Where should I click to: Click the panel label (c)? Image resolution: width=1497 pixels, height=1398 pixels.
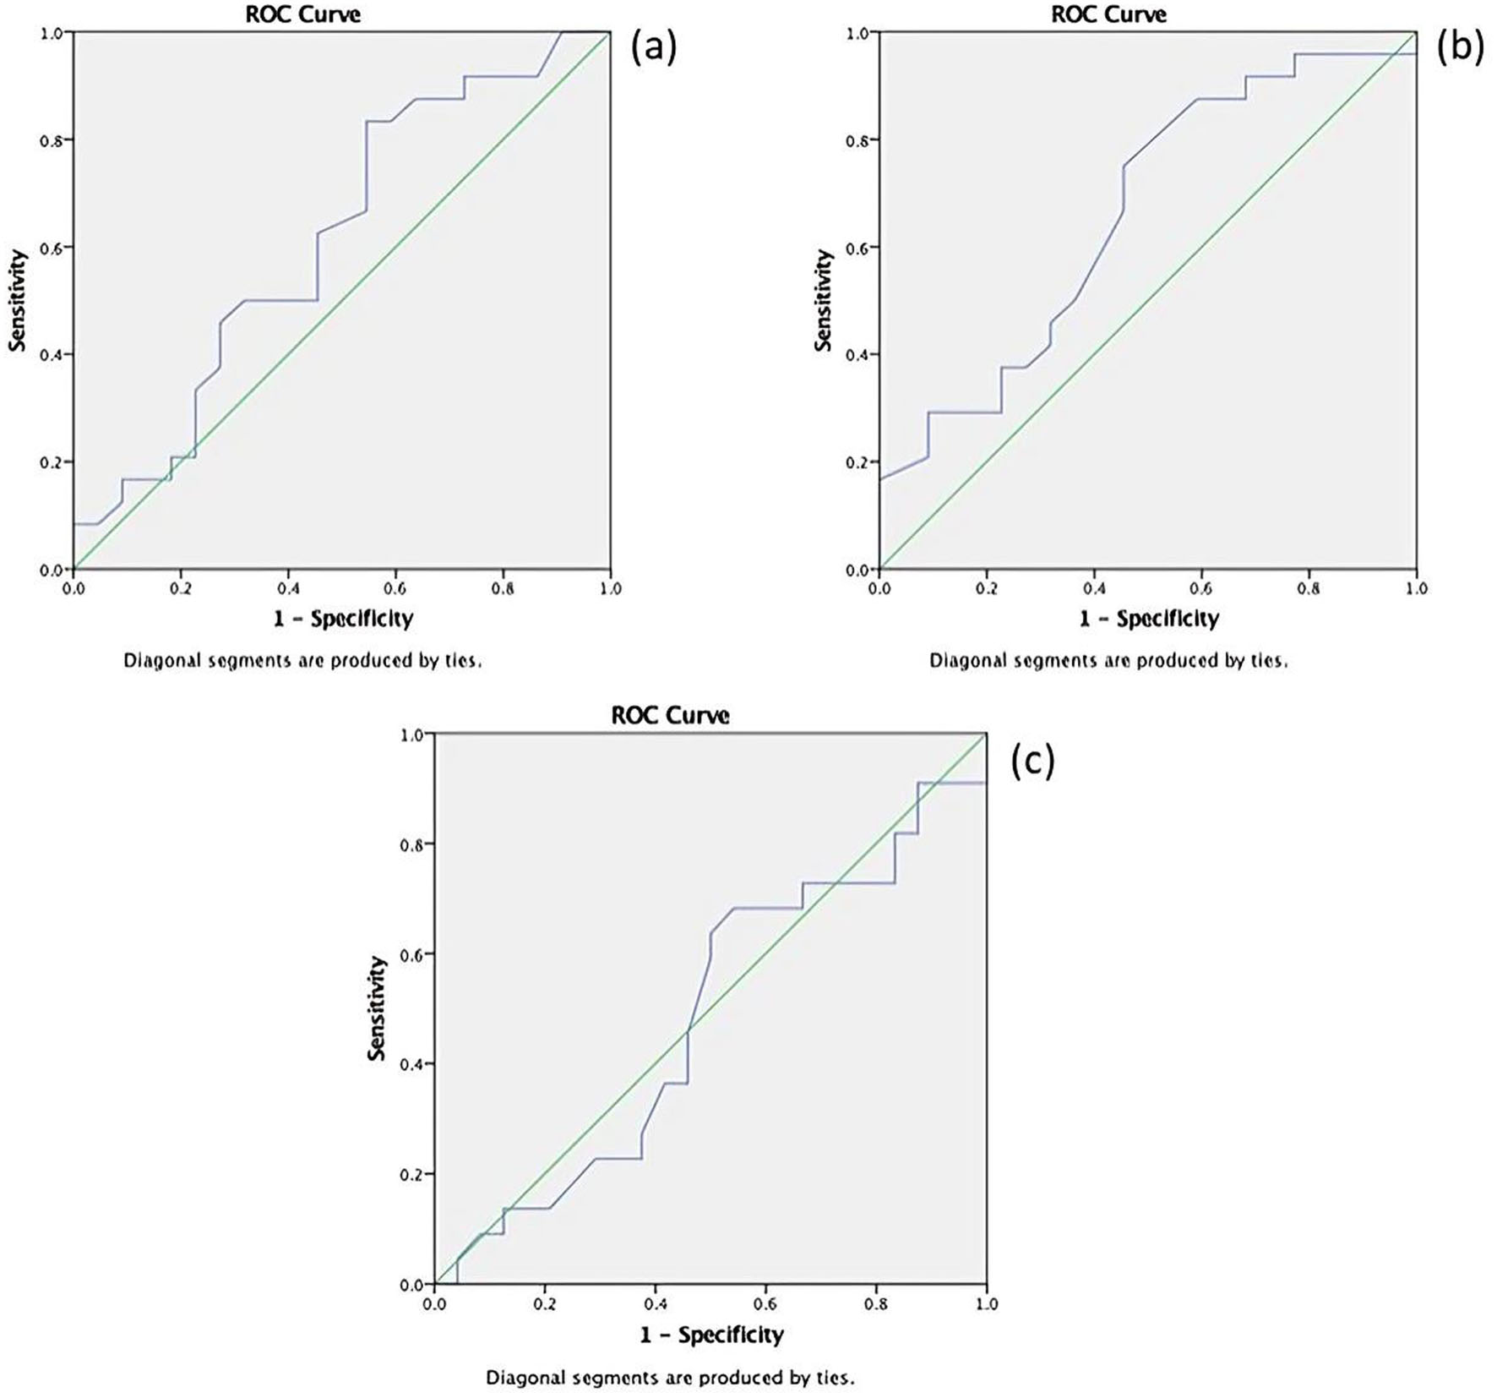1032,762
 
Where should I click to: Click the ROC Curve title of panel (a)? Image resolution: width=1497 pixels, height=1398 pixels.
302,14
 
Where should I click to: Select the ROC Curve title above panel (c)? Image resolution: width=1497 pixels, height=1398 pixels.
670,716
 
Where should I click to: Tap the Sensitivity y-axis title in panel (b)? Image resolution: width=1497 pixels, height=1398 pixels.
824,300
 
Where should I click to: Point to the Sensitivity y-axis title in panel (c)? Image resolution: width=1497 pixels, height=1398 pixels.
377,1008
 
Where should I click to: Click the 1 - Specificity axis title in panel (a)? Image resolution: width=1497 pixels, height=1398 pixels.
343,619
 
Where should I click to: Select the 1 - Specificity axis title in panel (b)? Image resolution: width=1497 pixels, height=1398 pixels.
1149,619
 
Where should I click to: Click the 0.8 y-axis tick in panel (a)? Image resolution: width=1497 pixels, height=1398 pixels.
51,139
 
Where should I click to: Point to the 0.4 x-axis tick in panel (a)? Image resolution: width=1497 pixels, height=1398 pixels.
288,588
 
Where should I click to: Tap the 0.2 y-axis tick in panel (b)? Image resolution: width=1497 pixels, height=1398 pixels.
857,462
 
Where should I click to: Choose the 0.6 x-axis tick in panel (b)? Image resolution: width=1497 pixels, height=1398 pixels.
1201,588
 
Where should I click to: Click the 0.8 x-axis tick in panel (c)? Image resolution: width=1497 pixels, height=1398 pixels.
876,1303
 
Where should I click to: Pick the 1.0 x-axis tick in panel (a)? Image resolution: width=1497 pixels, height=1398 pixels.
610,588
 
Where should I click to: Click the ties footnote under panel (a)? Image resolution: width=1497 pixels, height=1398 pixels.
302,661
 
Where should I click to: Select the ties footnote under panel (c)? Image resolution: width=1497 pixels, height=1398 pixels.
670,1378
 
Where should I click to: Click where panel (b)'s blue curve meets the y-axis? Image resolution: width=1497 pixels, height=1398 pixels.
880,479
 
